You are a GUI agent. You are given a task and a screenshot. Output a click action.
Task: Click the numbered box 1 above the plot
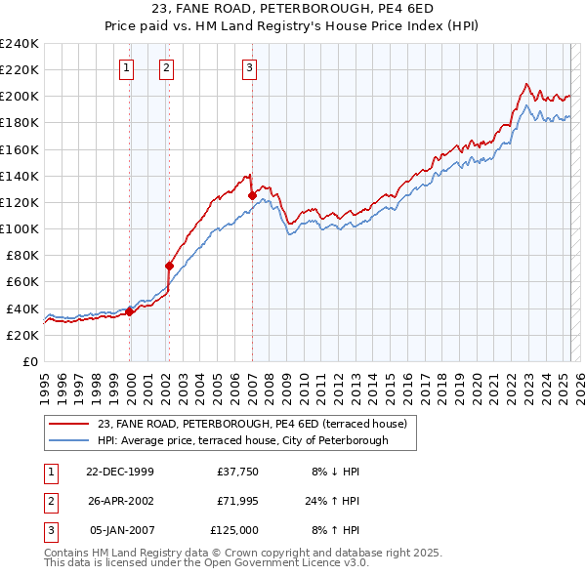127,68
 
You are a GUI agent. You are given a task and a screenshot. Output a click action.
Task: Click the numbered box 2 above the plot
167,68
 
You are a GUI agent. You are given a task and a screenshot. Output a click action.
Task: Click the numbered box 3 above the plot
250,68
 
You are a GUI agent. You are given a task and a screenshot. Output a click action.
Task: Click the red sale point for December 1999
130,311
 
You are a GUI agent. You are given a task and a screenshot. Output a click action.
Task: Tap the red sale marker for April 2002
169,266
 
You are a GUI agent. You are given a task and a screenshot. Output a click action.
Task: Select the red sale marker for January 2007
252,195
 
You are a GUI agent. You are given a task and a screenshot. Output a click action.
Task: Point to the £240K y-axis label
19,44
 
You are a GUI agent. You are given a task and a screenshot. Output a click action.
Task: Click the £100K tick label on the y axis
19,228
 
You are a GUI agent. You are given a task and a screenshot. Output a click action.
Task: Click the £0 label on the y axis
30,361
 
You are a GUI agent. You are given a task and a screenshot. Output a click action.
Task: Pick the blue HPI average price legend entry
242,440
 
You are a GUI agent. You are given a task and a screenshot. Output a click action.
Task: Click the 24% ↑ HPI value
333,501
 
